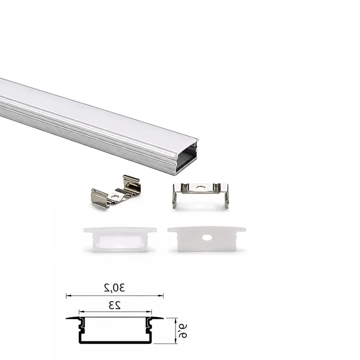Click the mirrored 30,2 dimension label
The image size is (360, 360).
(114, 288)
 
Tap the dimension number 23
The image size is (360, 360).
(114, 306)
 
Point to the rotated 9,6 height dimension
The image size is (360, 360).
(183, 331)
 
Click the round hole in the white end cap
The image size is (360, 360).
(207, 238)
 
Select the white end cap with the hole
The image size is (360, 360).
(207, 239)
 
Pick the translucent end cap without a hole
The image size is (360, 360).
(120, 239)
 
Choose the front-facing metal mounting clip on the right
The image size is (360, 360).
(201, 195)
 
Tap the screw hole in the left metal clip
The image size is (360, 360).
(114, 197)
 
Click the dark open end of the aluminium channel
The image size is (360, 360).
(186, 158)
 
